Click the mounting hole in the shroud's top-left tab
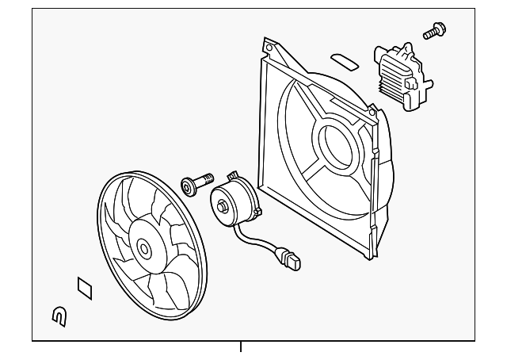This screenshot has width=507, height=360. point(269,48)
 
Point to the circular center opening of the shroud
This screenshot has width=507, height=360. point(333,143)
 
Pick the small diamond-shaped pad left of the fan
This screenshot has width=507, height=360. point(83,288)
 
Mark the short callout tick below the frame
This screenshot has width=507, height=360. point(240,347)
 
